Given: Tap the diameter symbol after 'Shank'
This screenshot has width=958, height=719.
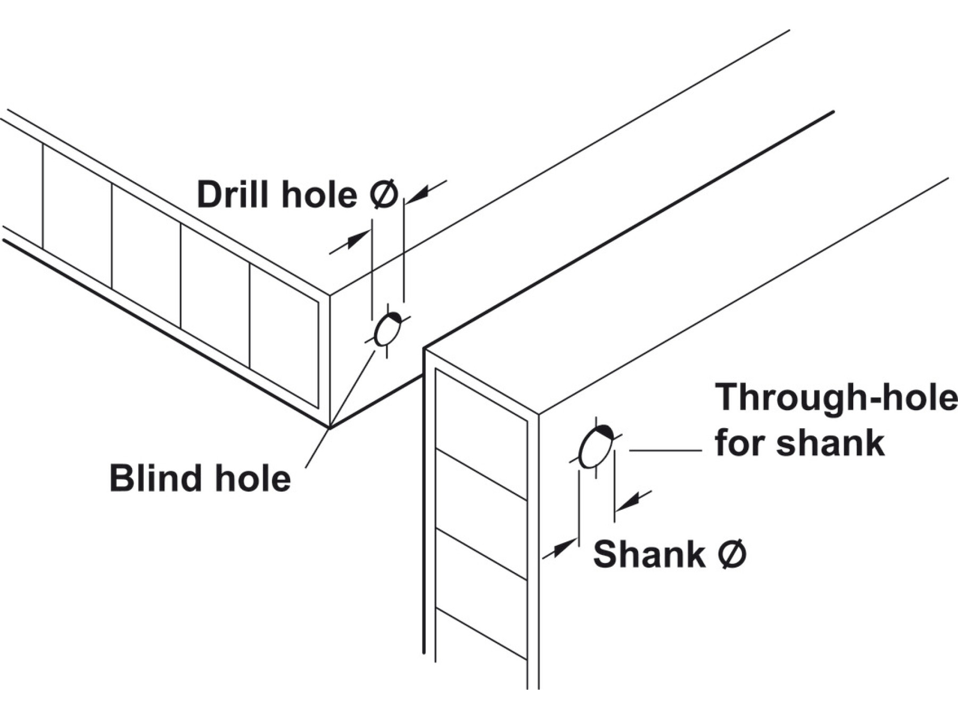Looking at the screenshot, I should tap(732, 554).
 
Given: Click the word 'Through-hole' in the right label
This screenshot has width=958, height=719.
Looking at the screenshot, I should tap(836, 397).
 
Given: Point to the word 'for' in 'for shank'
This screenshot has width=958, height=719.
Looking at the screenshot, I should tap(740, 442).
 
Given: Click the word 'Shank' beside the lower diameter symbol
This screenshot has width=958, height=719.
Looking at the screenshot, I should tap(649, 554).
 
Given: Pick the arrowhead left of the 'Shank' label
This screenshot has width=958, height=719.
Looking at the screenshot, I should tap(564, 548).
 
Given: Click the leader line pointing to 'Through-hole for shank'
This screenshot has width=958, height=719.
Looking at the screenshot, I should tap(665, 451).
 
